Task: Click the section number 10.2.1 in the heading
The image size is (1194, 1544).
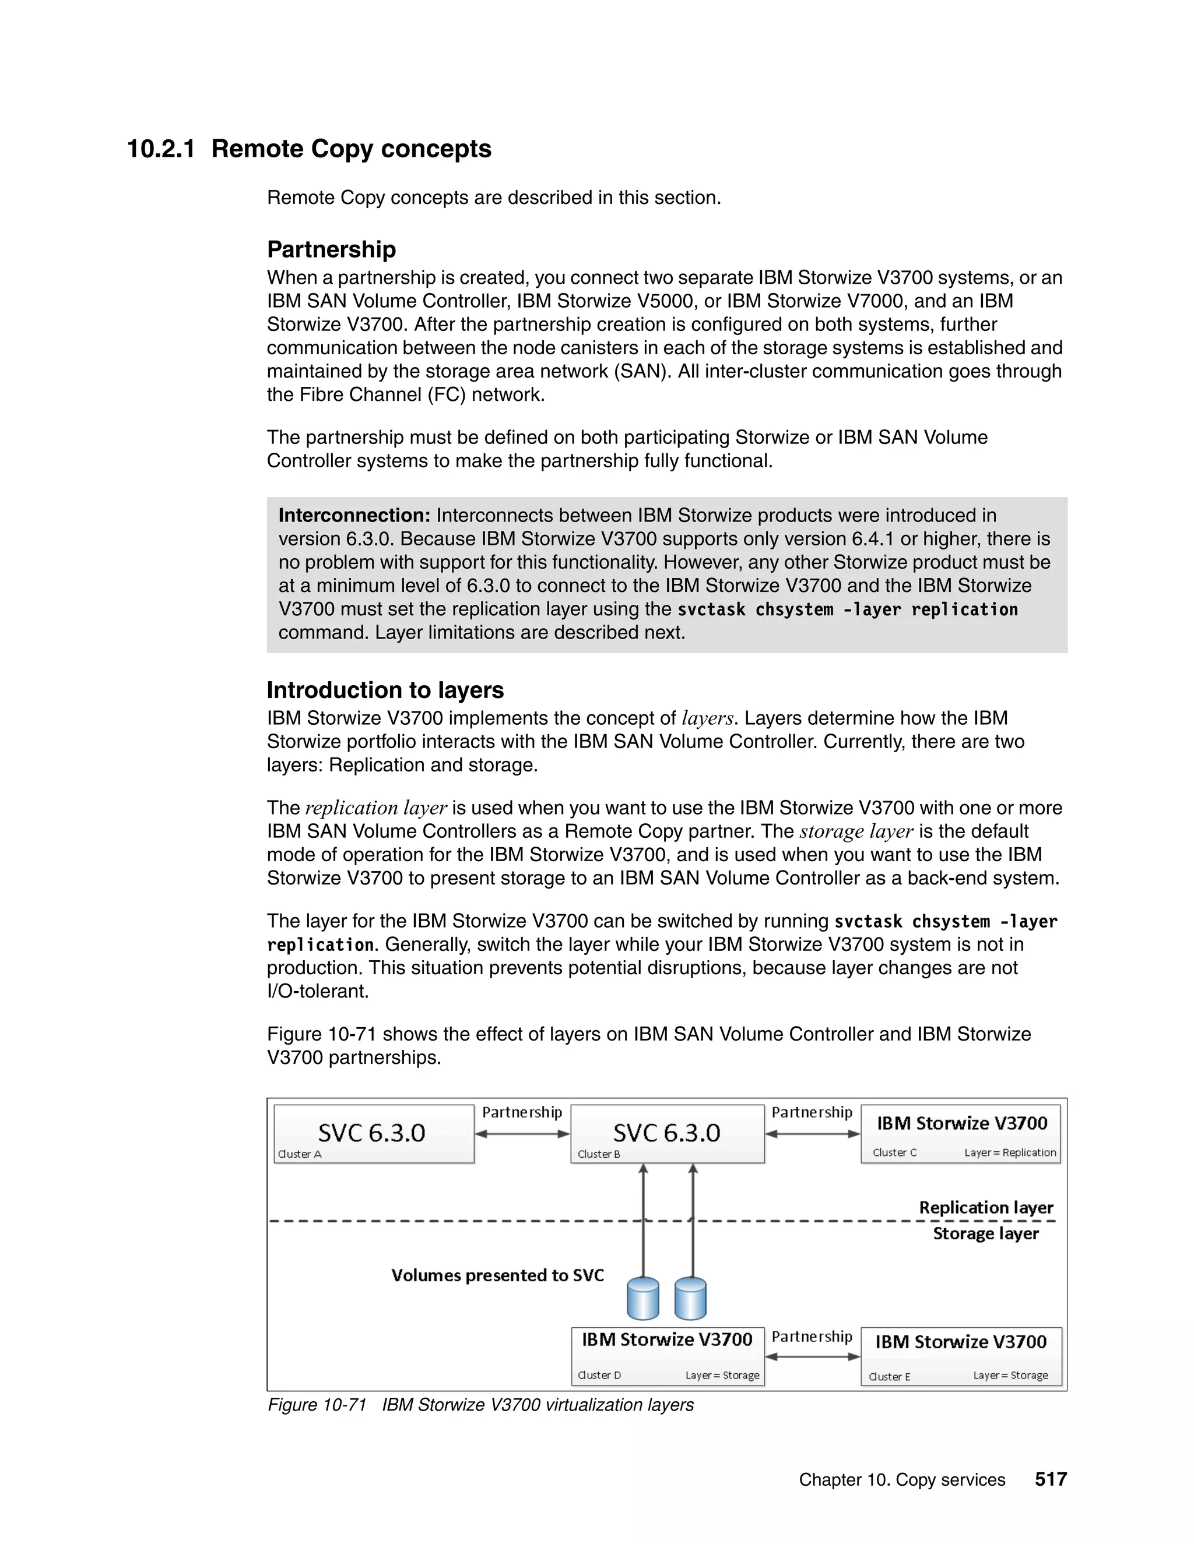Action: coord(160,149)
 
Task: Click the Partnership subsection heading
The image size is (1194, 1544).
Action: coord(331,249)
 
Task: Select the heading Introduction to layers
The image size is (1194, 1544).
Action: coord(385,690)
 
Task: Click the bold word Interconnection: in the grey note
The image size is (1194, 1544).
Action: coord(354,516)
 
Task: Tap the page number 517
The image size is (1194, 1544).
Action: coord(1051,1479)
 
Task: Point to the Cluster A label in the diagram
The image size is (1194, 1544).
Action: coord(299,1154)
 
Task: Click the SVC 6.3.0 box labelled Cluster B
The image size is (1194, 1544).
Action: coord(667,1133)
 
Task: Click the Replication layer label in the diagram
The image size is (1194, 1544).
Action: coord(985,1207)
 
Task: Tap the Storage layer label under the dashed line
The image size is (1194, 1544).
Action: coord(985,1233)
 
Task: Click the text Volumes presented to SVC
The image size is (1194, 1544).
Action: coord(497,1275)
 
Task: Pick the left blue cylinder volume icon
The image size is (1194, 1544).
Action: coord(643,1299)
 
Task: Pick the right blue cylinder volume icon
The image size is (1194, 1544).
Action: coord(690,1299)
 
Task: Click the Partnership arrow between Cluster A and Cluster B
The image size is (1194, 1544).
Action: coord(522,1134)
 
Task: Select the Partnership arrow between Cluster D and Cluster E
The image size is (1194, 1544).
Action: coord(812,1356)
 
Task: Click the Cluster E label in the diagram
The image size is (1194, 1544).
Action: coord(889,1376)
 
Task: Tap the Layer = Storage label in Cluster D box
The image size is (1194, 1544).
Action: coord(722,1375)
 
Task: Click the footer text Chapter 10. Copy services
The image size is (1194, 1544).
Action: coord(901,1480)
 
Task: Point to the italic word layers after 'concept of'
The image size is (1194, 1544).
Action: coord(707,718)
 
